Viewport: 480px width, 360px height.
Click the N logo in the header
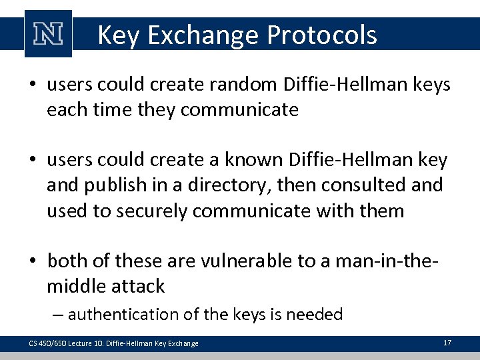click(47, 33)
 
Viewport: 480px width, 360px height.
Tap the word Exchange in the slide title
click(204, 35)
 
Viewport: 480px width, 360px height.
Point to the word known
click(259, 160)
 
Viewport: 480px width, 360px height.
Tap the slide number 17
click(447, 343)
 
